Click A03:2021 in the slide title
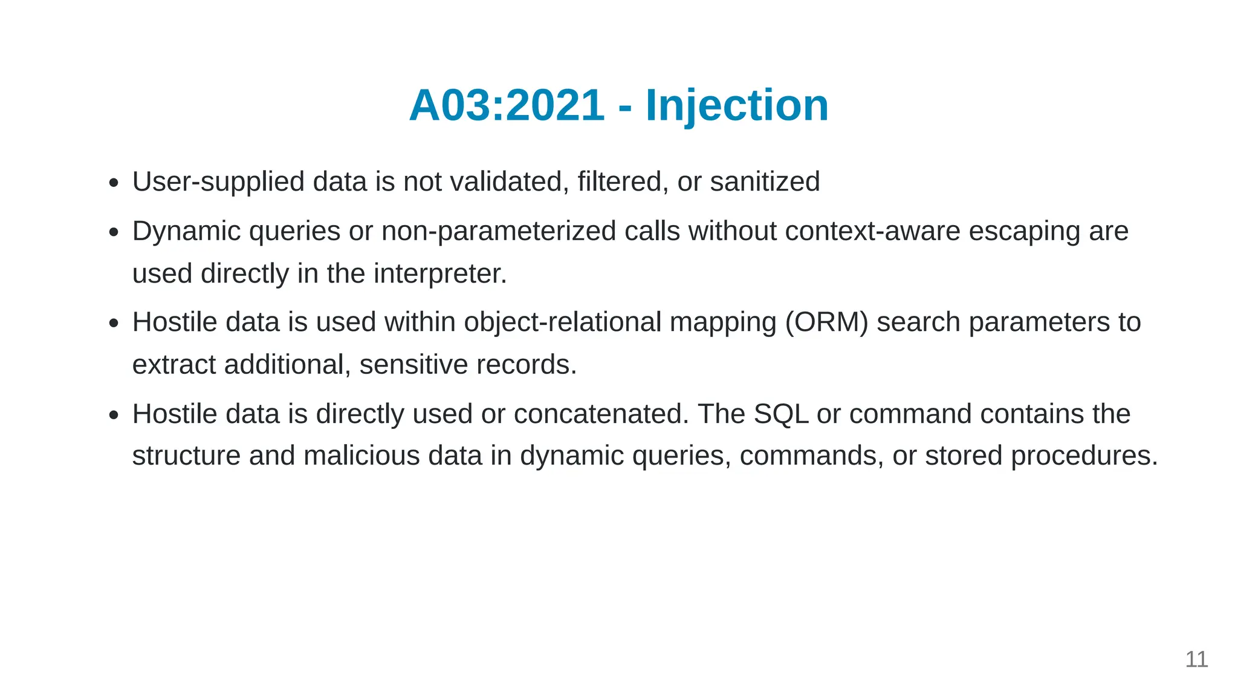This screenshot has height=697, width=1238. pos(507,106)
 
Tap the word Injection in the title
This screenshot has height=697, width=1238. pos(737,106)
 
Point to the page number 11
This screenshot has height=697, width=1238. pos(1196,659)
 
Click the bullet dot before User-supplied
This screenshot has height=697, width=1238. pos(114,183)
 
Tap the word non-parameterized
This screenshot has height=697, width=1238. pos(499,232)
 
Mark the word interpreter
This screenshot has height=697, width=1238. pos(439,273)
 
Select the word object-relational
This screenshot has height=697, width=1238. pos(562,322)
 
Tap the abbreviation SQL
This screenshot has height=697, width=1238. pos(781,414)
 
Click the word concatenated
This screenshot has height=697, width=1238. pos(601,414)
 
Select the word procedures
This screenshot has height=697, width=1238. pos(1084,456)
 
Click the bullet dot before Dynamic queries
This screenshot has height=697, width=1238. pos(114,232)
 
